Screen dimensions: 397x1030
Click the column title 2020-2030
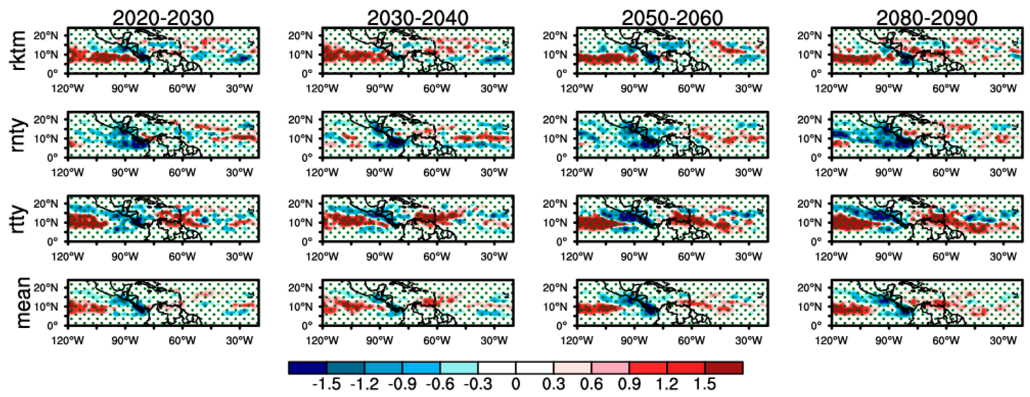pos(163,18)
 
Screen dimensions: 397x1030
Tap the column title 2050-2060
pos(672,18)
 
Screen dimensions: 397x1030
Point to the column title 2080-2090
pos(927,18)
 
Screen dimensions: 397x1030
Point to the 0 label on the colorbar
pos(515,384)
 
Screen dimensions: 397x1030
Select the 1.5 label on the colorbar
pos(705,384)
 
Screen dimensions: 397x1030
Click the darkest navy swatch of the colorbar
pos(307,367)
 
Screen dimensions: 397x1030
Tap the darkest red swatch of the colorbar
pos(724,367)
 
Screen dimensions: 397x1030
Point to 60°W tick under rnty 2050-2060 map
pos(691,172)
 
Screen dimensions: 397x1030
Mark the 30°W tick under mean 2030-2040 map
pos(494,341)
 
